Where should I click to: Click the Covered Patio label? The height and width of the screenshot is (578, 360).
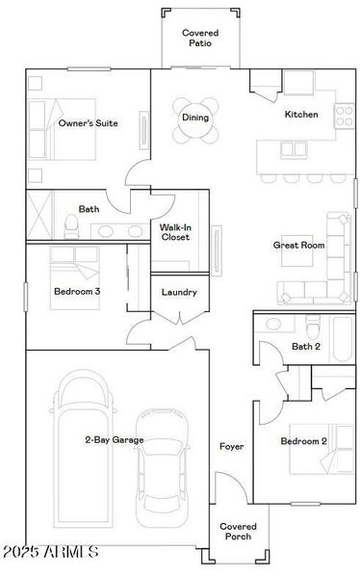pyautogui.click(x=200, y=38)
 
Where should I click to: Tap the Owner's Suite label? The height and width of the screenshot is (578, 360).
pyautogui.click(x=89, y=123)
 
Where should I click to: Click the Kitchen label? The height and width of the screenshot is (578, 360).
pyautogui.click(x=300, y=115)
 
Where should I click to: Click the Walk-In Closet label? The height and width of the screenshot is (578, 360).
pyautogui.click(x=175, y=231)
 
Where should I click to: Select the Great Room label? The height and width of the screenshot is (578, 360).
pyautogui.click(x=298, y=246)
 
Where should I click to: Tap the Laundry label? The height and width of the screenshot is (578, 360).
pyautogui.click(x=179, y=292)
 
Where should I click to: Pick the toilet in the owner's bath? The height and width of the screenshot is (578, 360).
pyautogui.click(x=70, y=225)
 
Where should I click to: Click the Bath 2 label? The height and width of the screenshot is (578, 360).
pyautogui.click(x=305, y=346)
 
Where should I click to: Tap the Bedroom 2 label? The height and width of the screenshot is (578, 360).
pyautogui.click(x=303, y=442)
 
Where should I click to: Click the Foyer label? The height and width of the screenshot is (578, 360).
pyautogui.click(x=231, y=447)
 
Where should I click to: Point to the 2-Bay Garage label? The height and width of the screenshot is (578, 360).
pyautogui.click(x=115, y=440)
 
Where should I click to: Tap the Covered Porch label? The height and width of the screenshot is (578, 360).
pyautogui.click(x=237, y=532)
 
